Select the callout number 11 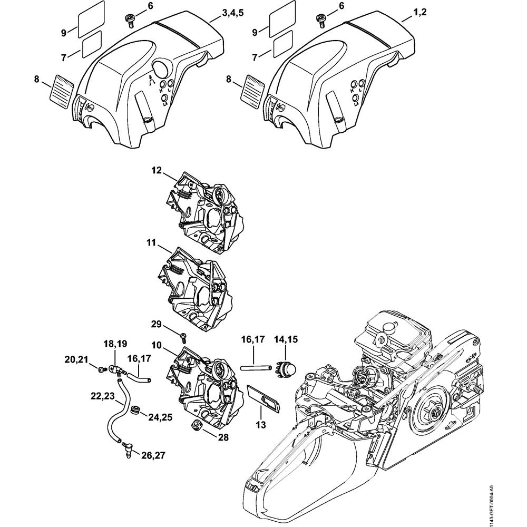pyautogui.click(x=151, y=242)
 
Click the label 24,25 pyautogui.click(x=160, y=417)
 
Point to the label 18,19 pyautogui.click(x=115, y=344)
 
